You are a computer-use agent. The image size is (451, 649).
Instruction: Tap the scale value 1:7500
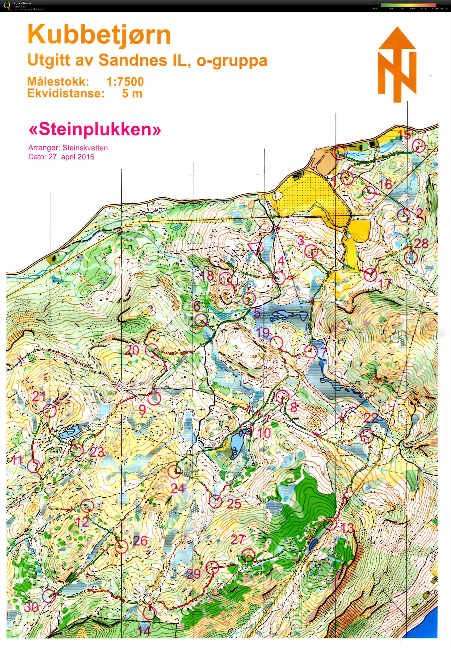click(x=125, y=82)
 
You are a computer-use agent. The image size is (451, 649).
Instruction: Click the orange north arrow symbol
click(x=397, y=65)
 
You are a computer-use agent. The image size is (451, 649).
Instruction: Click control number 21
click(x=39, y=397)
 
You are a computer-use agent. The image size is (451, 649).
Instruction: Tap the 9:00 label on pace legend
click(x=412, y=9)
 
